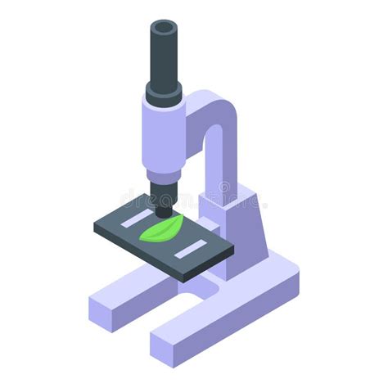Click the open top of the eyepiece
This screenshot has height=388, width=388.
click(x=164, y=29)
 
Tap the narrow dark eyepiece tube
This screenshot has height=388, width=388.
click(x=164, y=57)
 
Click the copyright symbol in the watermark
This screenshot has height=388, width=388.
click(x=223, y=191)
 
